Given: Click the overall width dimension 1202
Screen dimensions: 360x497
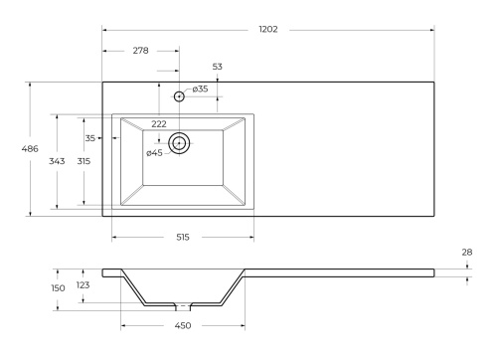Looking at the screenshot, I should (x=268, y=30).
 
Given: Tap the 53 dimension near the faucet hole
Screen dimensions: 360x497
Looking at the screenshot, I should (x=218, y=67).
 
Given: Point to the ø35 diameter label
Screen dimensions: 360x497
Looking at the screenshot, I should (x=200, y=90).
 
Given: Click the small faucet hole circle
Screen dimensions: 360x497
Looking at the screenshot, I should (x=180, y=96).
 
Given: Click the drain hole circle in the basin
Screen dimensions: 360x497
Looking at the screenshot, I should (x=180, y=143).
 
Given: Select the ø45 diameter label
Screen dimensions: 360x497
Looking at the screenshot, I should (x=154, y=153).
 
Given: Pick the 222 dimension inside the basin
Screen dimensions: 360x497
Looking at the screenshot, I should (x=159, y=124).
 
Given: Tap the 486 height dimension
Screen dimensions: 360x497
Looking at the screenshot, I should (x=30, y=148).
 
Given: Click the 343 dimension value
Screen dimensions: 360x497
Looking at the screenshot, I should (x=57, y=160).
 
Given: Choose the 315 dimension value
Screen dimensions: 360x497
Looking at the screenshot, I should (x=83, y=160).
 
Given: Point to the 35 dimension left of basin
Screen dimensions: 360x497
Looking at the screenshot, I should (x=90, y=138).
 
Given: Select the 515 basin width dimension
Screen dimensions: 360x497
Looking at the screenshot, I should (x=183, y=238).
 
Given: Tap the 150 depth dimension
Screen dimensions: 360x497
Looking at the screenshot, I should (x=58, y=288).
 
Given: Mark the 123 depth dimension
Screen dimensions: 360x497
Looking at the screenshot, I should (x=83, y=285).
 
